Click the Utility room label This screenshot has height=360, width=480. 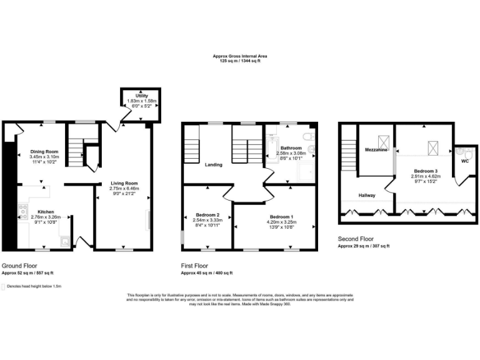click(142, 96)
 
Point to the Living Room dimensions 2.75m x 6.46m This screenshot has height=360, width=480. click(123, 188)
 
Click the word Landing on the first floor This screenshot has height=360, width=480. click(214, 165)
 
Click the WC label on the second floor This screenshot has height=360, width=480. click(464, 161)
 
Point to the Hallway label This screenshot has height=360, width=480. click(366, 196)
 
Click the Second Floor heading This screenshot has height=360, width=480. click(356, 239)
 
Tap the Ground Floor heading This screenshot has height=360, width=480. click(19, 265)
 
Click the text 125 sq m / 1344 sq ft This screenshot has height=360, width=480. click(240, 61)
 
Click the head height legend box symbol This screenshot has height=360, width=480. click(3, 287)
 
